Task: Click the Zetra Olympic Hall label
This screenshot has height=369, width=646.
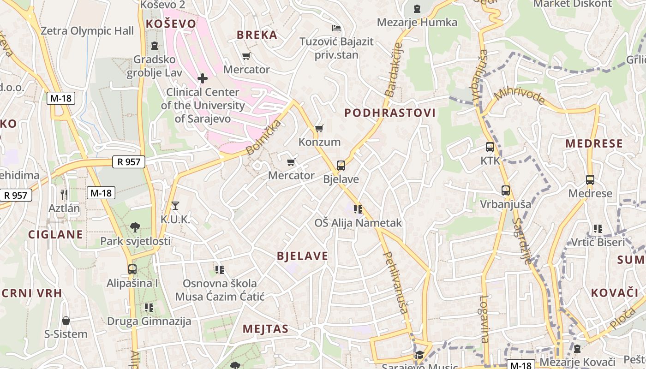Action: pos(87,31)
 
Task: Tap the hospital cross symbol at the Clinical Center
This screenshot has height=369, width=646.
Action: pos(203,78)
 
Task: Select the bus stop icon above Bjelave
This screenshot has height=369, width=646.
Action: pos(341,165)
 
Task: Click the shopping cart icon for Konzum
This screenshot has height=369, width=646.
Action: pos(319,128)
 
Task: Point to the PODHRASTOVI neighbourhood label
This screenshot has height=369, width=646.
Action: pos(390,113)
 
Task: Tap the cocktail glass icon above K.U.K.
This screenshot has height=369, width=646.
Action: pos(175,205)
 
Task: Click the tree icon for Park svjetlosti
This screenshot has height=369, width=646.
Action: pos(135,227)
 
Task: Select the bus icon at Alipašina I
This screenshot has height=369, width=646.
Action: pos(132,269)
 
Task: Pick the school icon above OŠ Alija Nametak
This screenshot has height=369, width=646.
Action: pos(358,209)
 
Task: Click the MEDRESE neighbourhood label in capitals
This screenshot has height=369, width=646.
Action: pos(594,143)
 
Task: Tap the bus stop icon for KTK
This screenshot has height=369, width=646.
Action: pos(490,148)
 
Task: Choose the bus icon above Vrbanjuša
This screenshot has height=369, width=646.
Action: pos(506,190)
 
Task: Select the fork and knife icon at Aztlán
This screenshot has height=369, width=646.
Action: pos(64,194)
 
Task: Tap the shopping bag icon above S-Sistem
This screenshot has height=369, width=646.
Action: pos(66,321)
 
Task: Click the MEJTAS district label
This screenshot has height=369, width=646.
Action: pos(266,329)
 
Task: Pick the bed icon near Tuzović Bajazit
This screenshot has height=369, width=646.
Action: pos(336,29)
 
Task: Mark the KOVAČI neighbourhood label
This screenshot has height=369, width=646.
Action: pos(614,292)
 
